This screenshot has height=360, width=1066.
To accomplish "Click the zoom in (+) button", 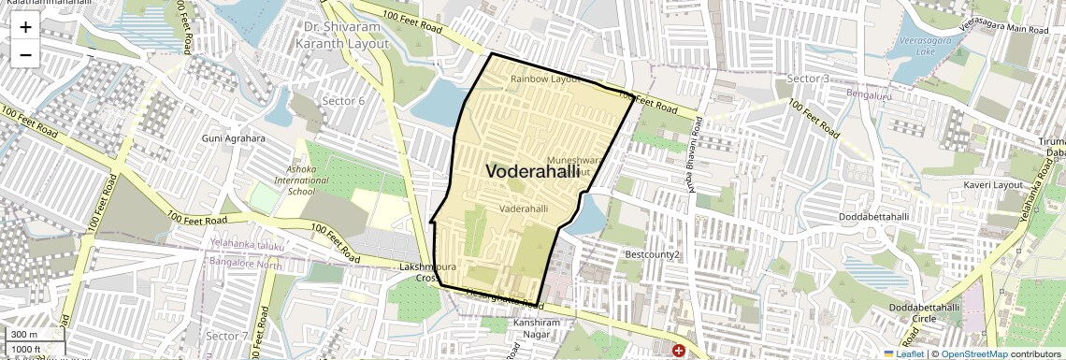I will coord(25,27).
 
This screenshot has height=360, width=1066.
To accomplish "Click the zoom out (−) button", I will coord(25,55).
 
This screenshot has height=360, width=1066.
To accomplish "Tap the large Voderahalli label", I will coord(532,171).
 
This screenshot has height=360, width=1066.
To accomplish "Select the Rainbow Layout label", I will coord(546,79).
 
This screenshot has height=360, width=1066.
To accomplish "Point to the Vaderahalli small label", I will coord(524,209).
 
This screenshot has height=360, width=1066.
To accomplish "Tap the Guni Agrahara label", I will coord(234,138).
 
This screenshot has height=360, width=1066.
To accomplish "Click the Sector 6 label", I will coord(343,101).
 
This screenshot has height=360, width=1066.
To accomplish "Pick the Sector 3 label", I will coord(808,78).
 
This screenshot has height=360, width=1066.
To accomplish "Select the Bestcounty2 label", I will coord(652,254).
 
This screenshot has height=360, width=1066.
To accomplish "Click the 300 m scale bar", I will coord(24,335).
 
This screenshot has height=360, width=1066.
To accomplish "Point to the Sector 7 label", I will coord(227,335).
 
